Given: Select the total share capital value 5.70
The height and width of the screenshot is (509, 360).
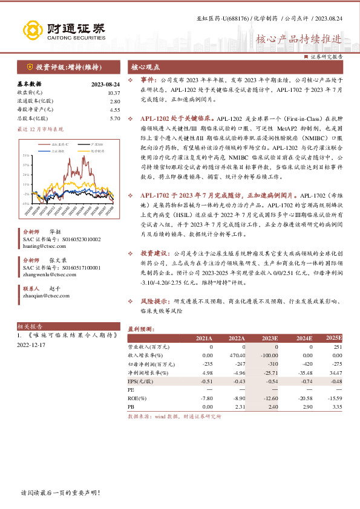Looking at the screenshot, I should pos(114,118).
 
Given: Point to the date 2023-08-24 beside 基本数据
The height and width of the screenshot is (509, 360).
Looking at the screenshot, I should pos(106,84).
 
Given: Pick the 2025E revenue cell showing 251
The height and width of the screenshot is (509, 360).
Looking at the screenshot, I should pos(338,347).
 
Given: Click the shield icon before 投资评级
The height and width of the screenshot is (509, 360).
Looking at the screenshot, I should pos(29,67).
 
